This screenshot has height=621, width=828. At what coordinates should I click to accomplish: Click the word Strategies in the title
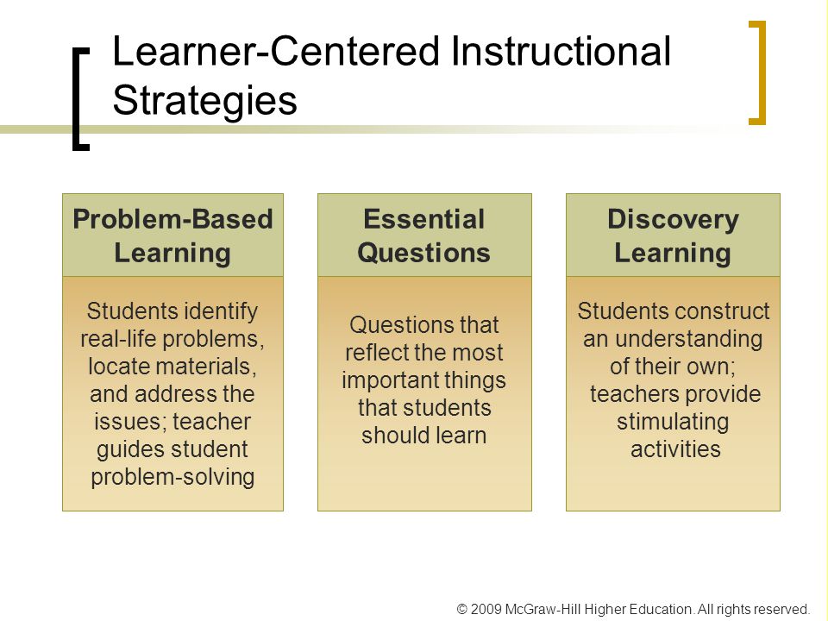(x=205, y=101)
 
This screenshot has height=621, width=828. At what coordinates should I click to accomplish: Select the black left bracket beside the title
(x=81, y=99)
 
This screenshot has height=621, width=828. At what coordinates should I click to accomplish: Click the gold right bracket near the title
(x=757, y=72)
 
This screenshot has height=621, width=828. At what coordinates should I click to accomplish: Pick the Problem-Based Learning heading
(x=172, y=235)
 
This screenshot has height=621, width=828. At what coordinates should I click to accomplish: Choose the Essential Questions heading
(x=424, y=235)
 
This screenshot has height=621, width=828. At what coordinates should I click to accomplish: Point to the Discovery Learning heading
(x=673, y=235)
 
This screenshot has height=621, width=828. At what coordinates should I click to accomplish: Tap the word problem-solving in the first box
(x=172, y=477)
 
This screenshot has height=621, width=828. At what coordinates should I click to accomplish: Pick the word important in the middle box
(x=385, y=380)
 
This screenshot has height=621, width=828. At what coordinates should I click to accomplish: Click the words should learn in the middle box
(x=424, y=435)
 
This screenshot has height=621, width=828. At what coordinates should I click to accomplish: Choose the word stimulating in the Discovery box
(x=673, y=422)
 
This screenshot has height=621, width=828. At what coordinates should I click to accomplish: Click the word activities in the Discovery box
(x=675, y=449)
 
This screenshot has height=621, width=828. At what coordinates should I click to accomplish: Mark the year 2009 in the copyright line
(x=486, y=609)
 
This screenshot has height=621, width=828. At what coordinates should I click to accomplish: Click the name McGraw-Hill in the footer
(x=543, y=609)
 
